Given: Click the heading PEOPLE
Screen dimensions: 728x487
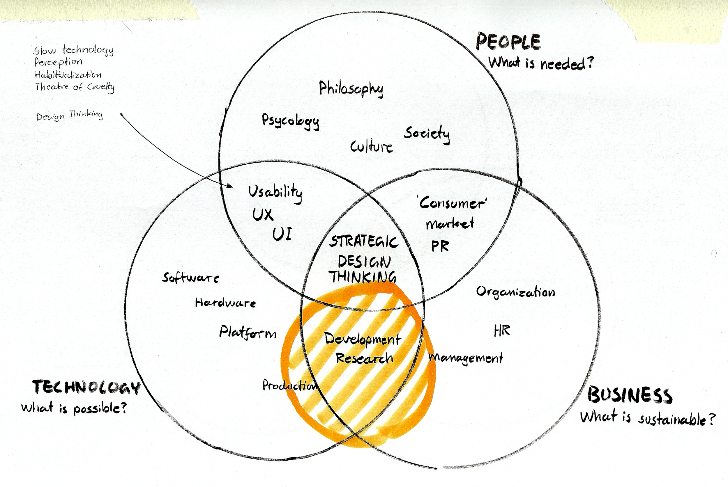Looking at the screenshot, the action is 508,42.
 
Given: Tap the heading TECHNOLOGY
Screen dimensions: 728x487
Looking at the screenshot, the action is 86,387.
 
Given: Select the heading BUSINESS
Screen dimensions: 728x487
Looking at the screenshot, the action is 630,396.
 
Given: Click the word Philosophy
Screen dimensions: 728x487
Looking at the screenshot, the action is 351,89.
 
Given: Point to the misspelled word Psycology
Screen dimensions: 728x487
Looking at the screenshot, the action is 290,121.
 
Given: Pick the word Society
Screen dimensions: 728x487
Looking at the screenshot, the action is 427,134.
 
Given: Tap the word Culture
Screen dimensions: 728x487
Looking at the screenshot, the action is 372,147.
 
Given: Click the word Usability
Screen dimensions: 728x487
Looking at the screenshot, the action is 275,193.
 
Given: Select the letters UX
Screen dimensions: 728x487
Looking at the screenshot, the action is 263,214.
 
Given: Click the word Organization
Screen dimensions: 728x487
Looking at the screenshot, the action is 515,292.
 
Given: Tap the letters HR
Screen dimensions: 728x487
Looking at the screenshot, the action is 502,330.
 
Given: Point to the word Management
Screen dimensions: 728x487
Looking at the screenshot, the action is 466,358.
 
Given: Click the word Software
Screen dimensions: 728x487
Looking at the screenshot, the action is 190,277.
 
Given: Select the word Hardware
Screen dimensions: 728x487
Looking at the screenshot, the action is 225,303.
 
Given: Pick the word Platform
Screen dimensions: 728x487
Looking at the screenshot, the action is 248,332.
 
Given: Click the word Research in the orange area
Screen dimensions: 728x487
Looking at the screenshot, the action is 364,358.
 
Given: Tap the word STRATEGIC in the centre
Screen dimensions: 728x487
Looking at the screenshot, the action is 363,242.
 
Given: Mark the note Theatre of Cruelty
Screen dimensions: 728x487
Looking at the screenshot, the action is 75,87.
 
